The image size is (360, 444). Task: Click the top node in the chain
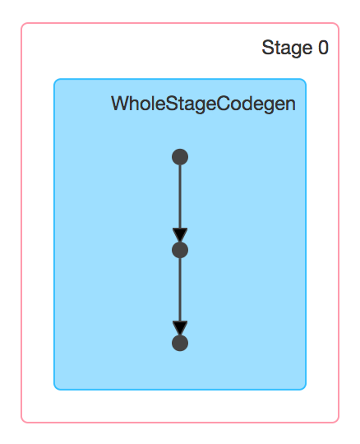[x=180, y=157]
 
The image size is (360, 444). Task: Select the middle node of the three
[x=180, y=250]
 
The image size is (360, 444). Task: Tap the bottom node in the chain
[x=180, y=343]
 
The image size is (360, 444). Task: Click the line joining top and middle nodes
[x=180, y=197]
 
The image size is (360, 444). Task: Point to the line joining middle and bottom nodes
[x=180, y=289]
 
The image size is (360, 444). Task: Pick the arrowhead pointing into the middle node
[x=180, y=234]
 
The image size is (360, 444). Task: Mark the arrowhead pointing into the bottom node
[x=180, y=327]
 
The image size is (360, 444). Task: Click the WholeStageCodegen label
[x=203, y=104]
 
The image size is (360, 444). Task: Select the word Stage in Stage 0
[x=287, y=49]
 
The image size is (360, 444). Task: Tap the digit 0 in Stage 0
[x=323, y=48]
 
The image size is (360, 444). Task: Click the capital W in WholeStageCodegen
[x=120, y=104]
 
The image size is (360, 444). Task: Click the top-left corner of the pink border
[x=21, y=23]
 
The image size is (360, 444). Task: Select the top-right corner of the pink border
[x=339, y=23]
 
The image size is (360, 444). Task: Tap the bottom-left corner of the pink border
[x=21, y=423]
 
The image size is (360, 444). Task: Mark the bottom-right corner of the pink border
[x=339, y=423]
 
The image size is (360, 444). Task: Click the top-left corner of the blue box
[x=54, y=79]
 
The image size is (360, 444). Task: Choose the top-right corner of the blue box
[x=306, y=79]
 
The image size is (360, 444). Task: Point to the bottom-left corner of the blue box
[x=54, y=390]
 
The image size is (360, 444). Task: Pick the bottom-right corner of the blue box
[x=306, y=390]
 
